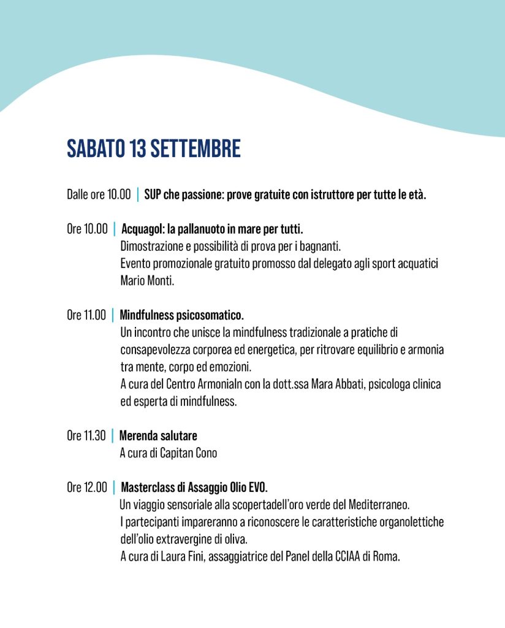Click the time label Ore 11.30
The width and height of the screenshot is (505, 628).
(x=86, y=436)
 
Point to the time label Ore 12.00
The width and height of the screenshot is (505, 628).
(x=87, y=488)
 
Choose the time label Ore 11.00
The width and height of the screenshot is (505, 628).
(x=86, y=316)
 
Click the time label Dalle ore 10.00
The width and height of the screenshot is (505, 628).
(x=99, y=195)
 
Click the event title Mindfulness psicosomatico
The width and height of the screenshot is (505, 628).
(x=182, y=316)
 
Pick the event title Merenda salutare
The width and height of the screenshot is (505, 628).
(x=158, y=436)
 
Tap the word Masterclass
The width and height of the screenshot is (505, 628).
(x=149, y=488)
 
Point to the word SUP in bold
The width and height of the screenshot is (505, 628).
(x=153, y=195)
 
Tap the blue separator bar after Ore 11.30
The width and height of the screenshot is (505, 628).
(x=113, y=436)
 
